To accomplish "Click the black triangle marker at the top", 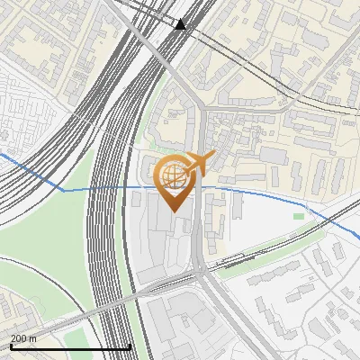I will [181, 24].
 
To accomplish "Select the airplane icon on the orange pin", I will [200, 162].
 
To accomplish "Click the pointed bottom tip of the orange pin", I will [175, 211].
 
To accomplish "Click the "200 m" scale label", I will [23, 338].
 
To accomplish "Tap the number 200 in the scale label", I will [19, 338].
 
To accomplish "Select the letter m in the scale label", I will [34, 338].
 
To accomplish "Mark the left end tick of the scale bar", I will [11, 346].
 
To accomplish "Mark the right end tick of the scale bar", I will [130, 346].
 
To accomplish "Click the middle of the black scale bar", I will [70, 346].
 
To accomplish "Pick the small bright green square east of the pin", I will [299, 215].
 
